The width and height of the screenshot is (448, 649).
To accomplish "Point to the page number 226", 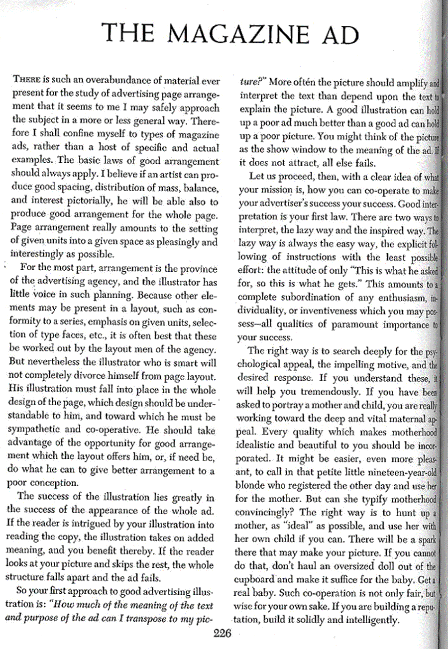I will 224,633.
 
